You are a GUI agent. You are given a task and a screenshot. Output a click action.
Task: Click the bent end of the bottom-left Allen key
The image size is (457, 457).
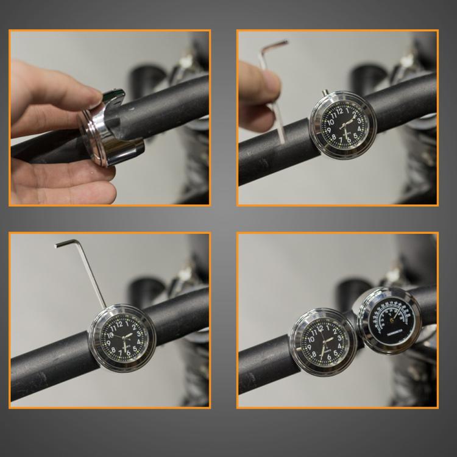point(65,244)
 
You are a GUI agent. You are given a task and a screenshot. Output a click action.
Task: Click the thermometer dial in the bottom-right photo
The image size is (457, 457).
point(388,320)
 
